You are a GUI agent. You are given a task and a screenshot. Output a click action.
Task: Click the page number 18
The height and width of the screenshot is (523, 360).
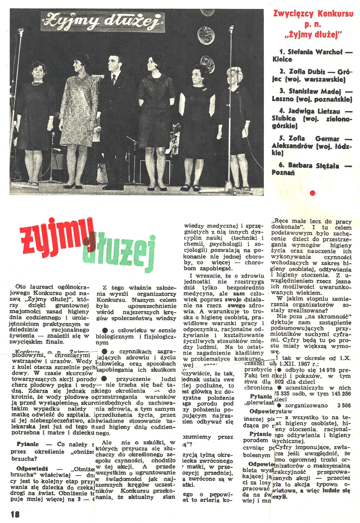coord(15,514)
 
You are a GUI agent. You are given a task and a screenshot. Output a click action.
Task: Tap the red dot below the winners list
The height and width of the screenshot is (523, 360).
coord(313,193)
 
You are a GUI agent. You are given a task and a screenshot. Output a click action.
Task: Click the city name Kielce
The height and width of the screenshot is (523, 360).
coord(282,59)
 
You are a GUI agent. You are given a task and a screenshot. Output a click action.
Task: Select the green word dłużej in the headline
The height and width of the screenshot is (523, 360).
coord(119,253)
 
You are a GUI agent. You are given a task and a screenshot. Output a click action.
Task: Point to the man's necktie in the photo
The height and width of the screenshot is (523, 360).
coord(114,79)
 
